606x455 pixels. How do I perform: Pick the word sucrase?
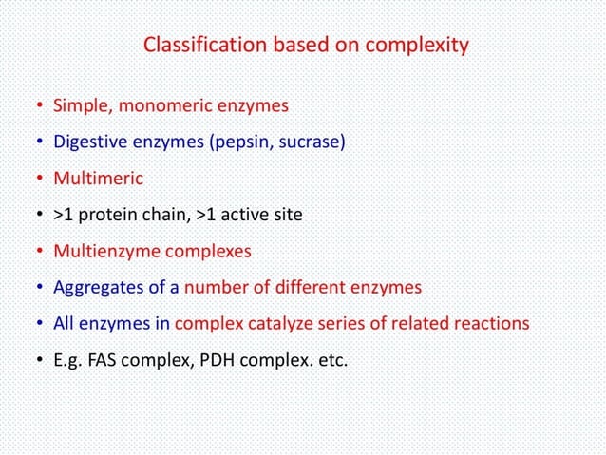point(312,142)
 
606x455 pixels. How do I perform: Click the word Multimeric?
point(98,178)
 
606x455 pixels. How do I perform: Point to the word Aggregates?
point(98,288)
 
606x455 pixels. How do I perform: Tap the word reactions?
point(487,323)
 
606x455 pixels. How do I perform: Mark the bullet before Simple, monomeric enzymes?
point(40,105)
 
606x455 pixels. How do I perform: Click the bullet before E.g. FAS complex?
point(40,360)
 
